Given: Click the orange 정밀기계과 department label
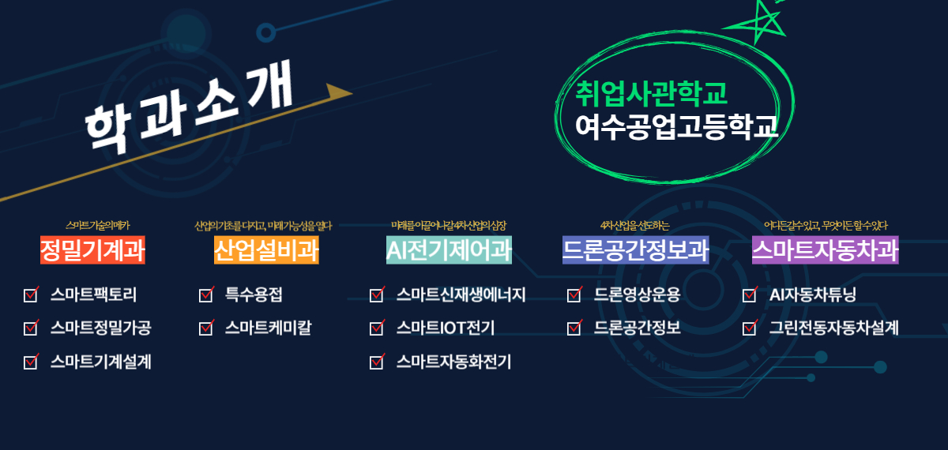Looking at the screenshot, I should coord(92,250).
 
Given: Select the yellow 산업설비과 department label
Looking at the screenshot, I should coord(266,250).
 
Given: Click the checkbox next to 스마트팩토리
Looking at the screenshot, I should coord(32,295).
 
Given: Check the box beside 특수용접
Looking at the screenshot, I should coord(206,295).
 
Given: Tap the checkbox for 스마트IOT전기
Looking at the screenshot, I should coord(377,328).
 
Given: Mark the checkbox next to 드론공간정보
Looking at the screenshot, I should coord(574,328).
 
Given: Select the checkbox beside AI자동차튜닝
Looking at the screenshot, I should coord(750,295).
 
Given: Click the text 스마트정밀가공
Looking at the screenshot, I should coord(100,328).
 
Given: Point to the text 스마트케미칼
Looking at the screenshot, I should coord(267,328).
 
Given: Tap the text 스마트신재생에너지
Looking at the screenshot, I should coord(461,295).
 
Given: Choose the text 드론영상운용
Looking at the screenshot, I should coord(637,295).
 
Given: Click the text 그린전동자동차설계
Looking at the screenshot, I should coord(833,328).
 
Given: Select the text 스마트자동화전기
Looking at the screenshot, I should coord(453,362).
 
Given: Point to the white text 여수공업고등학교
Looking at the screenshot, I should coord(677,126).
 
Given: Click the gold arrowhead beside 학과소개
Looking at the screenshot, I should coord(338,92).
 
